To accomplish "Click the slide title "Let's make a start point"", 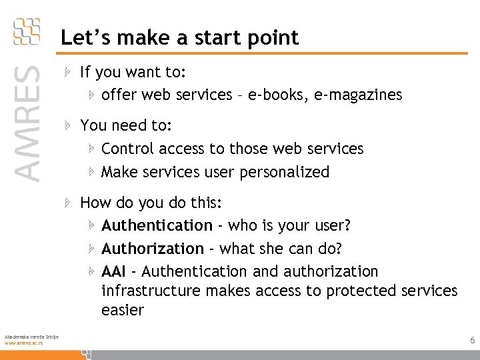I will [180, 38].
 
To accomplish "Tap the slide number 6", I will [472, 341].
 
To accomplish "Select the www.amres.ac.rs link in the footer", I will [24, 343].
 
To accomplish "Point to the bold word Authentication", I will [157, 226].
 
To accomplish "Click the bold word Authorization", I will [153, 249].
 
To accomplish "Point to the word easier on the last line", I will [123, 310].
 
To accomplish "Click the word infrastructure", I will [151, 291].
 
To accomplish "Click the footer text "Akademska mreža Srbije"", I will [31, 336].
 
